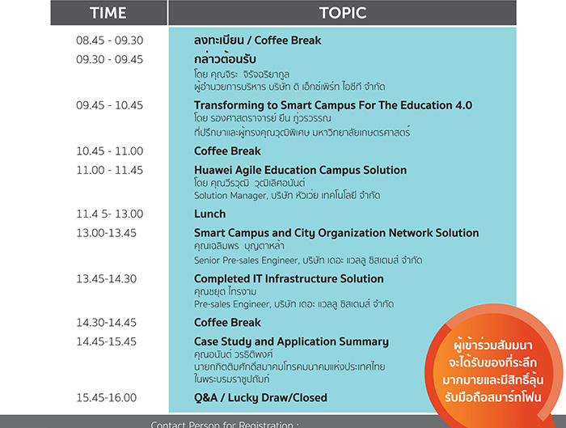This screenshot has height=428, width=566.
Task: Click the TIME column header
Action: point(108,13)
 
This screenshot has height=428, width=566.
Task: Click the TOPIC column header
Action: point(343,13)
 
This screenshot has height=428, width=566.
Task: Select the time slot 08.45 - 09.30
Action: point(109,40)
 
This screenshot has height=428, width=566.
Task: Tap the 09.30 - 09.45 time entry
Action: point(109,59)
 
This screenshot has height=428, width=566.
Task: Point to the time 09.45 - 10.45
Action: point(109,105)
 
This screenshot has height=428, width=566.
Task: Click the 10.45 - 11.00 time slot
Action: point(109,151)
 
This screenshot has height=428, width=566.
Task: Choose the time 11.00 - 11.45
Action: point(109,170)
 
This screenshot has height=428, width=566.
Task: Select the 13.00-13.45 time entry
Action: point(106,233)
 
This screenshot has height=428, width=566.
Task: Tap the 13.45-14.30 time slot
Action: point(106,279)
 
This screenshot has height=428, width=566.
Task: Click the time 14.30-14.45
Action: point(106,323)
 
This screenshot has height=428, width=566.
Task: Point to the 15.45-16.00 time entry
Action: point(106,398)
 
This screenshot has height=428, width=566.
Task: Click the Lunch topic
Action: point(209,214)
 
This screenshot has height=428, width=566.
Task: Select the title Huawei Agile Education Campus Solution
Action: point(300,170)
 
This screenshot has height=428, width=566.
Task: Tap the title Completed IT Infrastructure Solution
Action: point(289,279)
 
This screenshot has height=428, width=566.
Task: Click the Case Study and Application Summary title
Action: point(291,341)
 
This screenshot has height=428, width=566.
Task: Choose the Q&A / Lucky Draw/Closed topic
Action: point(260,398)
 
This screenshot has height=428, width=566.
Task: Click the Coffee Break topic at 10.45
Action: point(227,151)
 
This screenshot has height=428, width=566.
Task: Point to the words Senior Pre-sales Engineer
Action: point(246,261)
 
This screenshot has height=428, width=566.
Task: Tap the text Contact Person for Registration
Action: point(222,425)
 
